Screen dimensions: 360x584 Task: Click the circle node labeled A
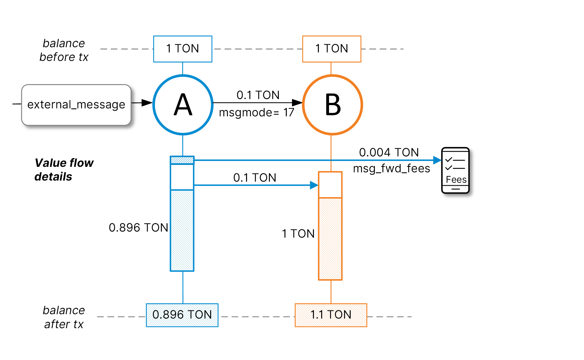pos(183,105)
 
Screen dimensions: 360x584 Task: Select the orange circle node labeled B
pos(332,105)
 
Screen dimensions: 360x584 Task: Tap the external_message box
pos(76,105)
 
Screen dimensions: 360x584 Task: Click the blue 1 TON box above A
pos(183,49)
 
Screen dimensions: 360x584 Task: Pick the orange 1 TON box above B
pos(331,49)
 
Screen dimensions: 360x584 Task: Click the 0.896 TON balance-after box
pos(182,315)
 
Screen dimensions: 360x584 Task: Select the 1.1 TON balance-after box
pos(331,315)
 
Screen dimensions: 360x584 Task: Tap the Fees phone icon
pos(455,170)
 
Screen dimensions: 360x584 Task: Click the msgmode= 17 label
pos(256,113)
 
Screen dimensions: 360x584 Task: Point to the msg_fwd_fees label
pos(391,168)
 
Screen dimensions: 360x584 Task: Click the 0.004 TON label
pos(389,153)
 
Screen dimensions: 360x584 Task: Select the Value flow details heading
pos(64,170)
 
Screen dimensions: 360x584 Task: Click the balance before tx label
pos(64,50)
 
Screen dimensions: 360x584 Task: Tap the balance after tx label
pos(64,317)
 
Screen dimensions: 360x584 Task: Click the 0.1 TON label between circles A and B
pos(258,95)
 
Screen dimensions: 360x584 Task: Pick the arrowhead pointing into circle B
pos(297,103)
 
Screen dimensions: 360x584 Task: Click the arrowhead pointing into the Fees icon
pos(437,160)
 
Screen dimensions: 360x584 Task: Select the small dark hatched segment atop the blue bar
pos(182,160)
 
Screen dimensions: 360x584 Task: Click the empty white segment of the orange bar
pos(330,185)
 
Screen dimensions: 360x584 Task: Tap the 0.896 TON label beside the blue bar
pos(138,228)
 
